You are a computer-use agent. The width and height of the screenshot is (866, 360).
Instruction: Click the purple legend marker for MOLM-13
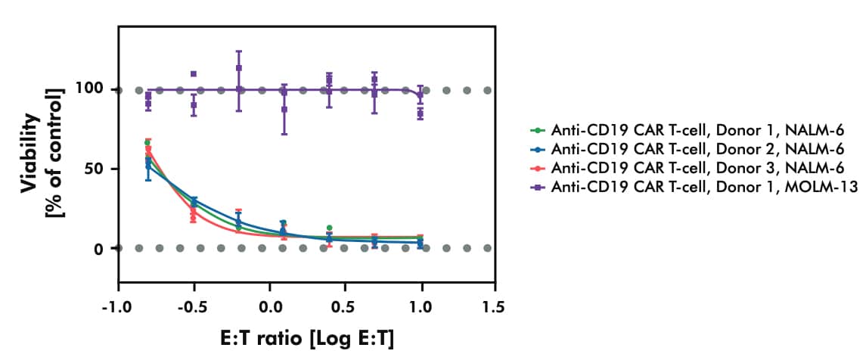pyautogui.click(x=538, y=186)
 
